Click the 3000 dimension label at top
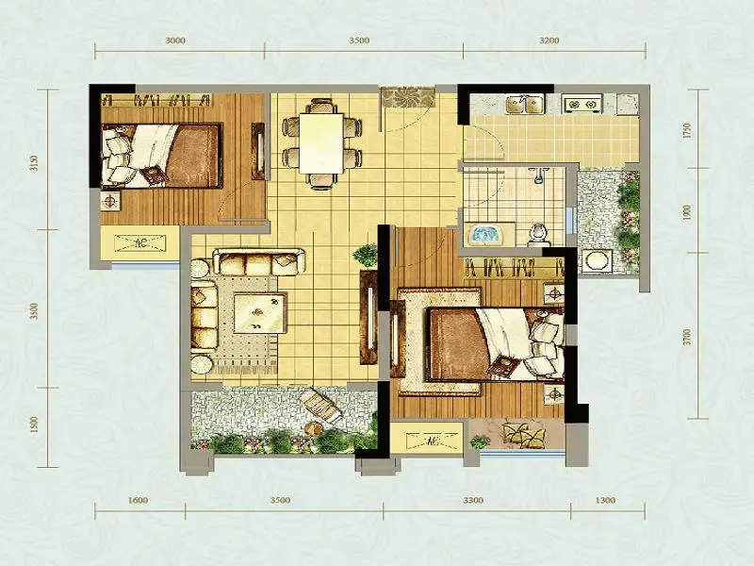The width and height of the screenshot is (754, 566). coord(175,41)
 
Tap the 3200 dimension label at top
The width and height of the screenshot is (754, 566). coord(549,41)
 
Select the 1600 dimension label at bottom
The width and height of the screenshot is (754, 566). coord(138,500)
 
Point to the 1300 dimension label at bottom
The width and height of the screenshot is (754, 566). coord(605,500)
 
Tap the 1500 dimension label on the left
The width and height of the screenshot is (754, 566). coord(34,424)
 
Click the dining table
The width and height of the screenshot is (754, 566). coord(321,143)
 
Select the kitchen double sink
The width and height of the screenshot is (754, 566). coord(524,104)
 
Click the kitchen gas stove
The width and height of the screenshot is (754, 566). coord(582,104)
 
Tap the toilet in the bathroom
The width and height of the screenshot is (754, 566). coord(537,234)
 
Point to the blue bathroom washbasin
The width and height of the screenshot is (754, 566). coord(484,235)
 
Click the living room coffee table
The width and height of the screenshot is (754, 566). coord(260,312)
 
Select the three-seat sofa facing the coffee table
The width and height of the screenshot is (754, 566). coord(258,262)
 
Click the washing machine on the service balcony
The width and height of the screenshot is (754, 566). coord(596,262)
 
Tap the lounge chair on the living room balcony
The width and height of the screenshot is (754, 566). coord(321,406)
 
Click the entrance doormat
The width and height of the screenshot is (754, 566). coord(407,97)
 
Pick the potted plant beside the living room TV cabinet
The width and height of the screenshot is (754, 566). coord(366,255)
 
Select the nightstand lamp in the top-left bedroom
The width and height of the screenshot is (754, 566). coord(110,200)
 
